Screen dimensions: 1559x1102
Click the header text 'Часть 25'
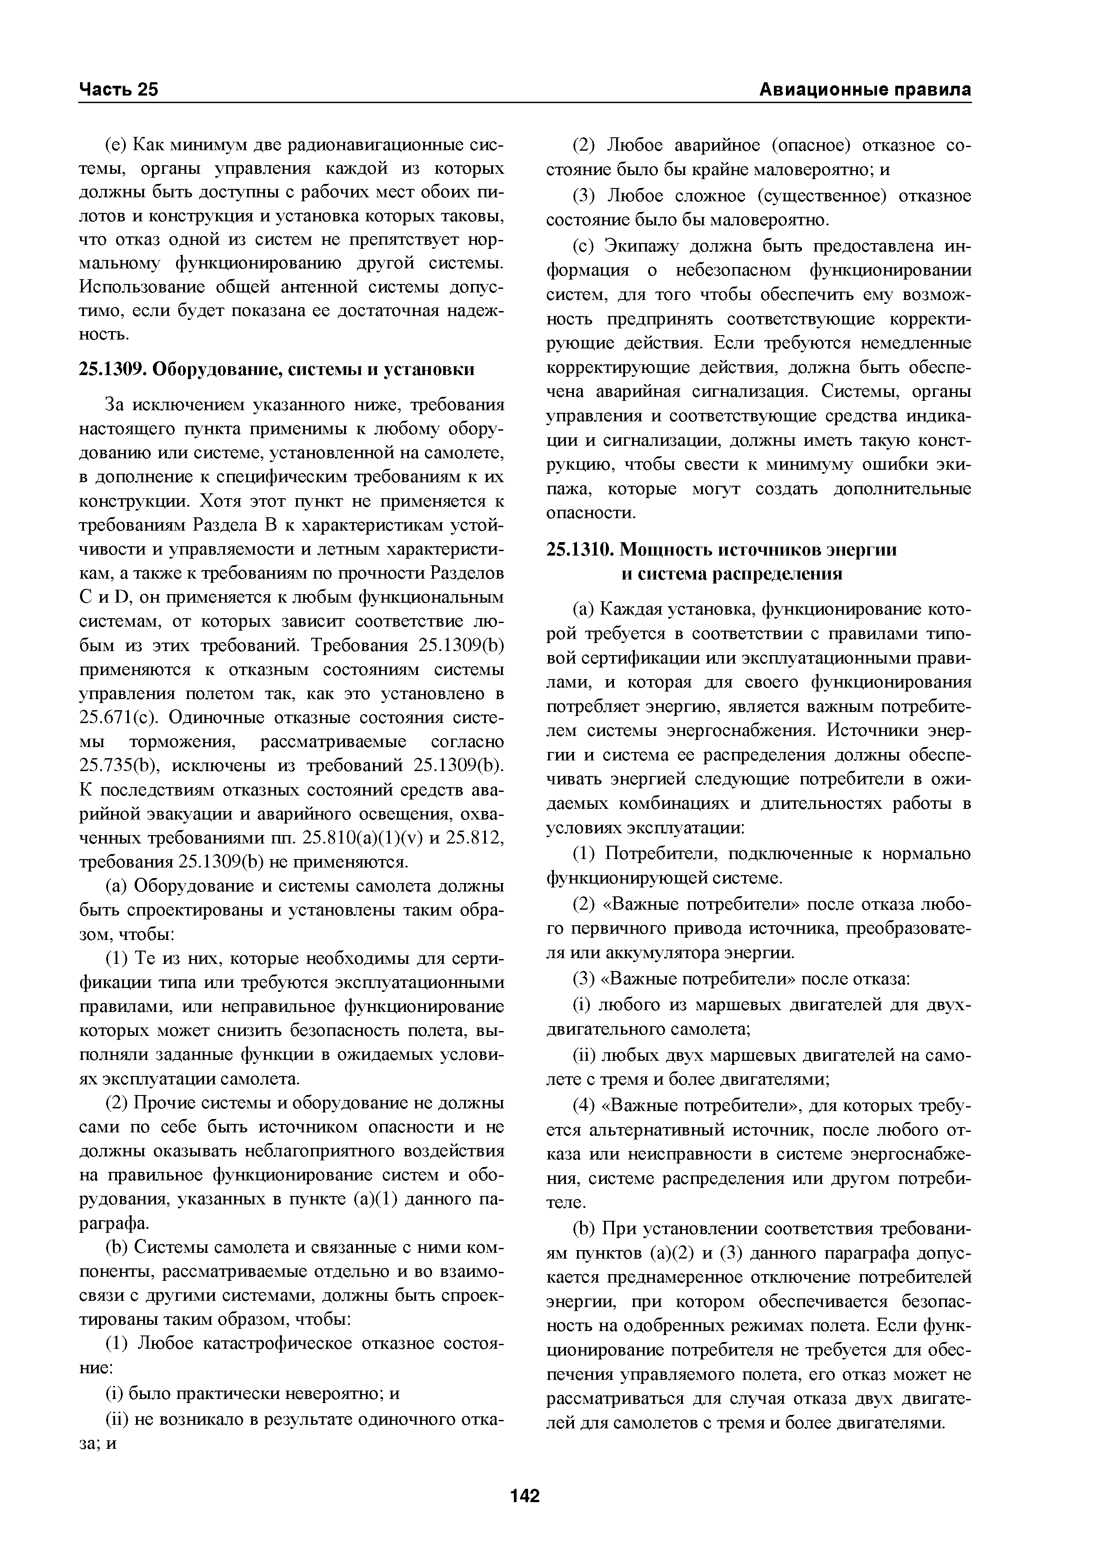point(118,90)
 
